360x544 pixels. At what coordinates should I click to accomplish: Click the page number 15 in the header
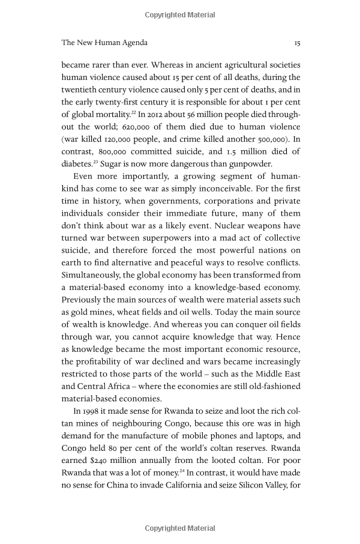click(x=296, y=43)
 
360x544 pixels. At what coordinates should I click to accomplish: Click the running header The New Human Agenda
click(x=104, y=43)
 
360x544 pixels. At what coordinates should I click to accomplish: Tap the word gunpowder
click(x=249, y=163)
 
